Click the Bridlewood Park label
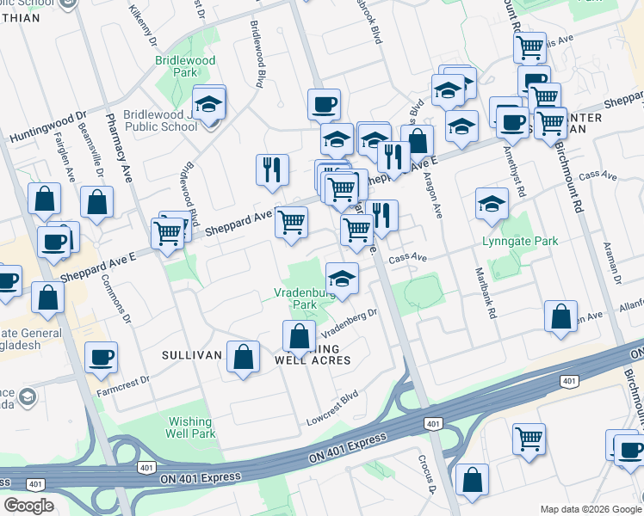(185, 67)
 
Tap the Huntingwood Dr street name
(48, 126)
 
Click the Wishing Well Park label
(190, 427)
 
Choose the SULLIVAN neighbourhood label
(193, 354)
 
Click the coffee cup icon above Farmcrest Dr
(101, 356)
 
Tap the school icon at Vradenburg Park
(342, 279)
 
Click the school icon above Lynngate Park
(492, 204)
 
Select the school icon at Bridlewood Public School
(208, 105)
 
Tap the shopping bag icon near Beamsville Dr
(97, 203)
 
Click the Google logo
(28, 506)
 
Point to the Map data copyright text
(591, 508)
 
